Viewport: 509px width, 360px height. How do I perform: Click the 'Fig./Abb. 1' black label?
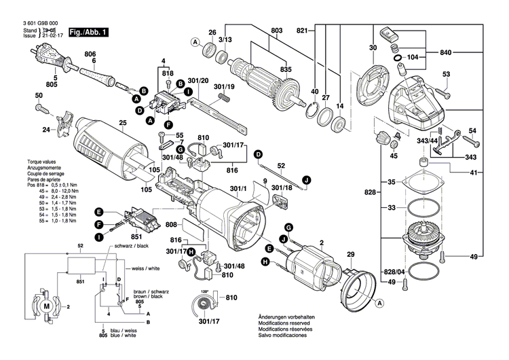tap(88, 32)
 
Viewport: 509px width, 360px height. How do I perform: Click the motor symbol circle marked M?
tap(47, 307)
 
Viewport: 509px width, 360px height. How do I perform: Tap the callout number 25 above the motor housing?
tap(123, 123)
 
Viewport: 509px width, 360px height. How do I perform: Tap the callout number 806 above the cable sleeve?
tap(90, 54)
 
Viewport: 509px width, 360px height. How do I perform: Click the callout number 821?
tap(302, 29)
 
